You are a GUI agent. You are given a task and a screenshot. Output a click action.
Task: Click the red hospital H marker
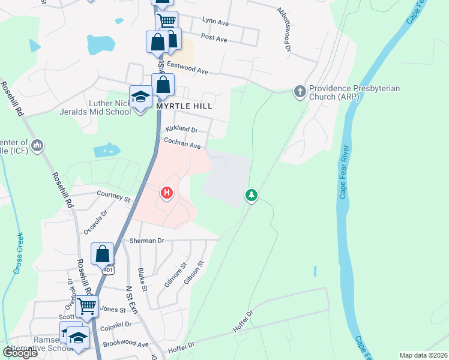167,193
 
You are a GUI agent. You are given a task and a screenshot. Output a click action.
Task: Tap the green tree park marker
252,195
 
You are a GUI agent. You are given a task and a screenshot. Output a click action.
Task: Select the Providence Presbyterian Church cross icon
299,92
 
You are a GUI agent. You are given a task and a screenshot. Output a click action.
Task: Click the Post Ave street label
214,38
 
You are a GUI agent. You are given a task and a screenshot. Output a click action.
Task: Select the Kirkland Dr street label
182,128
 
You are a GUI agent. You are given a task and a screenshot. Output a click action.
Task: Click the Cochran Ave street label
182,144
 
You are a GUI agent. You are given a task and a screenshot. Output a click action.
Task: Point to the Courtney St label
114,196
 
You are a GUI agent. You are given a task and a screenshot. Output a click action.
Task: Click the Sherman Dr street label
146,240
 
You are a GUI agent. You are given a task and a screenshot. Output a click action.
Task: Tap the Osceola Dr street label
96,217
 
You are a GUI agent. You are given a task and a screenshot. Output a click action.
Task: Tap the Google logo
20,353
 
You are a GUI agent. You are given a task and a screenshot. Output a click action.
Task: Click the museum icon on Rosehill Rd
37,146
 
